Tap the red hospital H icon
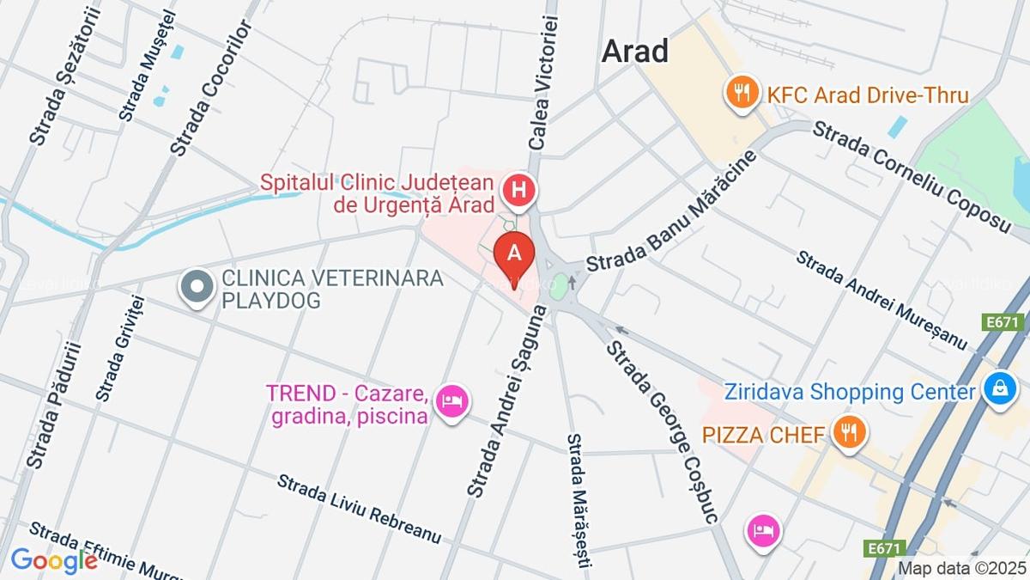pos(518,192)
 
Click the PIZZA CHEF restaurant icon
pos(849,432)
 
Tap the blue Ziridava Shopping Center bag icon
pos(1000,388)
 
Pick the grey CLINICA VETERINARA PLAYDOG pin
pos(197,286)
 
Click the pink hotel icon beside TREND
pos(452,401)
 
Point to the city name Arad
pos(634,52)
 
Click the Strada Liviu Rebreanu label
pos(359,508)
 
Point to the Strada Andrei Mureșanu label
pos(882,300)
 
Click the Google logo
pos(53,560)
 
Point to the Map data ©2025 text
pos(961,568)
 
